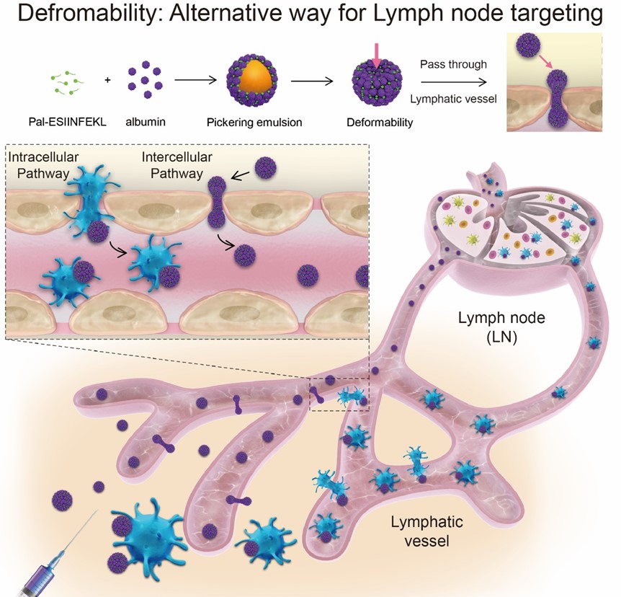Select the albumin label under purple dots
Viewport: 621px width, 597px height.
pyautogui.click(x=147, y=122)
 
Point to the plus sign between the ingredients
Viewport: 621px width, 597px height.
pyautogui.click(x=107, y=80)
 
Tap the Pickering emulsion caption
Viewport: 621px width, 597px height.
pyautogui.click(x=252, y=122)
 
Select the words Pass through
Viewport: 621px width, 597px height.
pyautogui.click(x=453, y=65)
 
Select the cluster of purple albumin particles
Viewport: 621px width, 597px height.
pyautogui.click(x=146, y=80)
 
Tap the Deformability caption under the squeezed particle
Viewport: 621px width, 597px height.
pyautogui.click(x=379, y=122)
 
